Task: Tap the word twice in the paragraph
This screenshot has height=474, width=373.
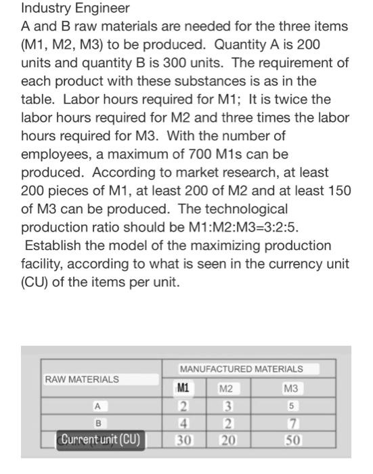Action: pyautogui.click(x=302, y=100)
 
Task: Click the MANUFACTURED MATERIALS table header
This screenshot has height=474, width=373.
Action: pyautogui.click(x=241, y=369)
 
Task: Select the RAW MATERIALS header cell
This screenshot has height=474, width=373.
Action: pyautogui.click(x=81, y=379)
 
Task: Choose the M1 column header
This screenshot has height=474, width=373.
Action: pyautogui.click(x=182, y=389)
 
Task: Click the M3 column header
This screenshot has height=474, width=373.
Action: pyautogui.click(x=290, y=389)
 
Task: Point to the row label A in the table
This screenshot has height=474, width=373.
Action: pyautogui.click(x=98, y=406)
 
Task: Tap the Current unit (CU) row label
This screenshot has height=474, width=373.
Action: pyautogui.click(x=100, y=440)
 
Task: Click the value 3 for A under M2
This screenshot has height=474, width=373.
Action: pyautogui.click(x=227, y=406)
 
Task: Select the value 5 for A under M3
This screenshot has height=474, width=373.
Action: pyautogui.click(x=291, y=406)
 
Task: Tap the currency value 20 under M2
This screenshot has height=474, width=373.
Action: pyautogui.click(x=227, y=440)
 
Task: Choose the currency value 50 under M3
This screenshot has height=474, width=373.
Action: pyautogui.click(x=291, y=440)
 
